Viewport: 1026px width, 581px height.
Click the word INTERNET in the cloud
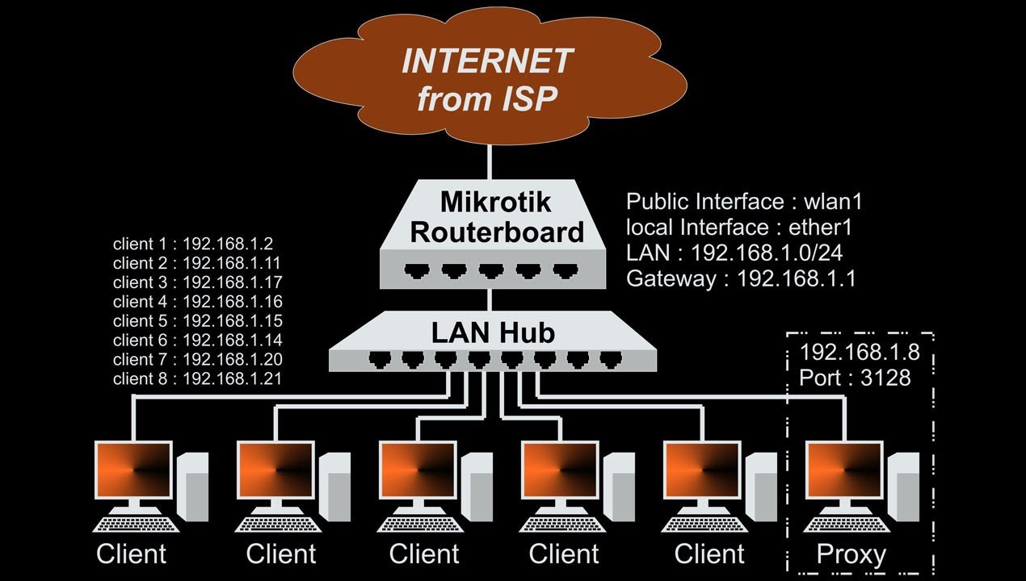click(x=487, y=61)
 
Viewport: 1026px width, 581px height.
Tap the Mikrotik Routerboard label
click(x=497, y=217)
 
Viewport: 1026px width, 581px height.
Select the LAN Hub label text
click(x=493, y=332)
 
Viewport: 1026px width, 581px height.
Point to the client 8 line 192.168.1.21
click(x=197, y=378)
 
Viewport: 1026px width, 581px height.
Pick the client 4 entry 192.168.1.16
click(x=197, y=302)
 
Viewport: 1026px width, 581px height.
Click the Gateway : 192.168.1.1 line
click(x=741, y=279)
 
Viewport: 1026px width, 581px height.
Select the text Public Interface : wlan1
click(x=744, y=202)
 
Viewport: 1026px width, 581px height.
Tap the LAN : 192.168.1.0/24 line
click(x=734, y=253)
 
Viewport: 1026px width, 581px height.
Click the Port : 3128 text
click(x=855, y=378)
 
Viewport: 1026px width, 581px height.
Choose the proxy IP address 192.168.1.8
click(x=860, y=352)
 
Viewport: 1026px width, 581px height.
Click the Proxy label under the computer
click(x=851, y=555)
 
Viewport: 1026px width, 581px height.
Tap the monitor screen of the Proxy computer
click(x=844, y=470)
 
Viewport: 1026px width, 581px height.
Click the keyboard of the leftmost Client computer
click(x=136, y=525)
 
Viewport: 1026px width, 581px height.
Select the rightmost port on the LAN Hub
click(x=611, y=360)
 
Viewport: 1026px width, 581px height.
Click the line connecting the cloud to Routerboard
click(x=490, y=162)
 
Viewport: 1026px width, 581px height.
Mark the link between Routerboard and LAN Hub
click(x=490, y=300)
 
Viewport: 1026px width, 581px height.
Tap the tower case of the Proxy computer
click(x=903, y=487)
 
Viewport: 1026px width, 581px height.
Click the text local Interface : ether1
click(x=739, y=228)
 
